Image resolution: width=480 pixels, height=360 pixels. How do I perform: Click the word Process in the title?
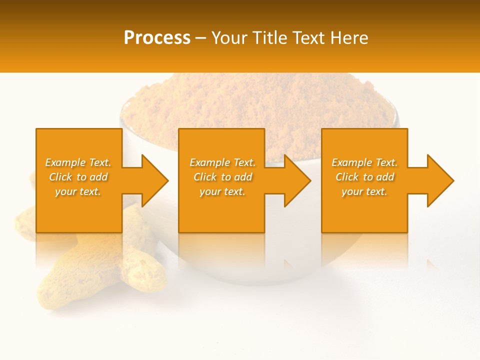click(157, 38)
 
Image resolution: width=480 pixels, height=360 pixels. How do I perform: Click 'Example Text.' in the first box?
click(78, 162)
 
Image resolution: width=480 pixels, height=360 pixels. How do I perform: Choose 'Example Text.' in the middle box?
click(222, 162)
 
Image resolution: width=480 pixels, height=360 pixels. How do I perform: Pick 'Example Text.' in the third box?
click(364, 162)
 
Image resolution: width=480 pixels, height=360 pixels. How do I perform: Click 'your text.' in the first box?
click(78, 191)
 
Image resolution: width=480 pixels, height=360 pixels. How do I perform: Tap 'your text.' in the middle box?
click(222, 191)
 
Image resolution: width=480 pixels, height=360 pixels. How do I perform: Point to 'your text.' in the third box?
click(364, 191)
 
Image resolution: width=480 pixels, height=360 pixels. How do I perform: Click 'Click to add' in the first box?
click(78, 177)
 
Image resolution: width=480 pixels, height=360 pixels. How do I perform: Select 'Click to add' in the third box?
click(364, 177)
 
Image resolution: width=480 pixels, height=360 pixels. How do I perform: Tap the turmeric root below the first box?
click(100, 265)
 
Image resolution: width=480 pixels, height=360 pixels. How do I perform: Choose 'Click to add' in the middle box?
click(222, 177)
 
